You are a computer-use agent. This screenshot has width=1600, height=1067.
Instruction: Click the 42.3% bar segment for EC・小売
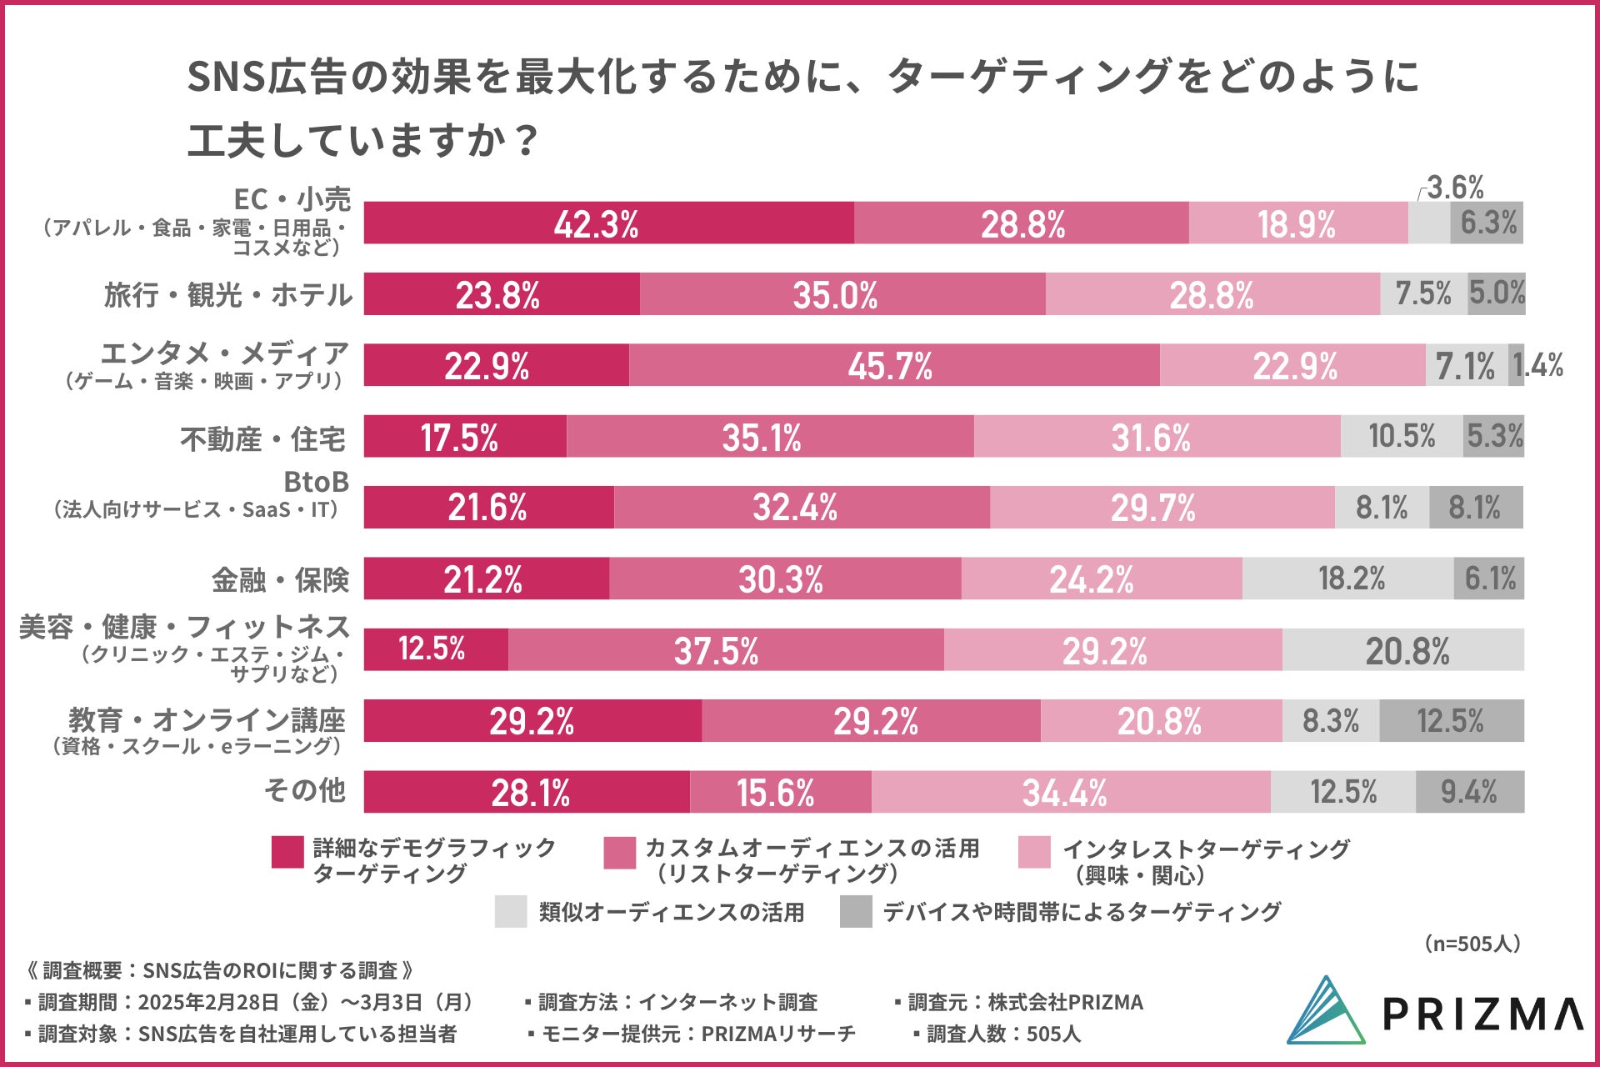[x=608, y=223]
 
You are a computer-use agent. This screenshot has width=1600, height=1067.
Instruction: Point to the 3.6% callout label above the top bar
[x=1455, y=188]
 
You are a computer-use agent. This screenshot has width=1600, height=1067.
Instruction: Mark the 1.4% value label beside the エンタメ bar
[x=1538, y=365]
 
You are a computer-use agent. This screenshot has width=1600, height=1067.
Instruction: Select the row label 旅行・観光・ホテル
[x=227, y=295]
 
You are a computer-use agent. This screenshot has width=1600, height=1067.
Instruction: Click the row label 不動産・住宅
[x=262, y=438]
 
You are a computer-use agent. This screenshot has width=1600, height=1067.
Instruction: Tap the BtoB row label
[x=316, y=483]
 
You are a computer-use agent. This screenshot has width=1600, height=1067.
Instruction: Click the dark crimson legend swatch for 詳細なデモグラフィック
[x=287, y=853]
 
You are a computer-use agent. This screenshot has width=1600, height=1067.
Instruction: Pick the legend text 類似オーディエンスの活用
[x=671, y=912]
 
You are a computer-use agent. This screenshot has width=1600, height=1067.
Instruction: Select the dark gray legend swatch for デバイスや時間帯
[x=856, y=912]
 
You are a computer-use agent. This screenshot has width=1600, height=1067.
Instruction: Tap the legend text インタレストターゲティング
[x=1206, y=849]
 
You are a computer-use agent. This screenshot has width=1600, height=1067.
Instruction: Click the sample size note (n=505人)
[x=1472, y=944]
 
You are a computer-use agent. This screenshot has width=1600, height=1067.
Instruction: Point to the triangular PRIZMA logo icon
[x=1326, y=1011]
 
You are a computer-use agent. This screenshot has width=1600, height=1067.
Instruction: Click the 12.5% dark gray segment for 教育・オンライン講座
[x=1451, y=721]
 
